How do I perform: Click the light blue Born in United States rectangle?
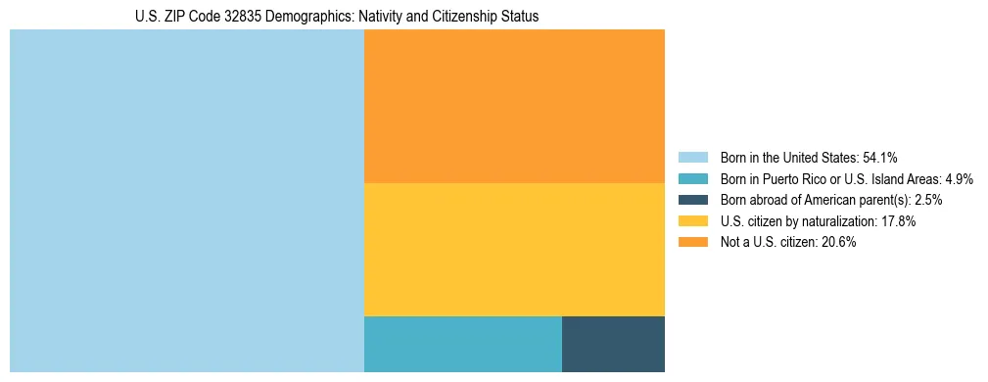tap(186, 201)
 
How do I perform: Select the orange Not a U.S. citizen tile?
tap(514, 106)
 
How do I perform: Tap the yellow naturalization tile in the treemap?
tap(514, 250)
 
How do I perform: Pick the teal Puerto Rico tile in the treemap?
tap(462, 344)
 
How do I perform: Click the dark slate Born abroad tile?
tap(613, 344)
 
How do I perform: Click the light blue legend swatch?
tap(692, 158)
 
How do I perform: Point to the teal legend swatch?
tap(692, 179)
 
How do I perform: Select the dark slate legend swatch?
tap(692, 200)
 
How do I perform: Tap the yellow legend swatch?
tap(692, 221)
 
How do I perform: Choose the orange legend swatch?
tap(692, 242)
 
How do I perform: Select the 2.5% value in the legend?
tap(928, 200)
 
